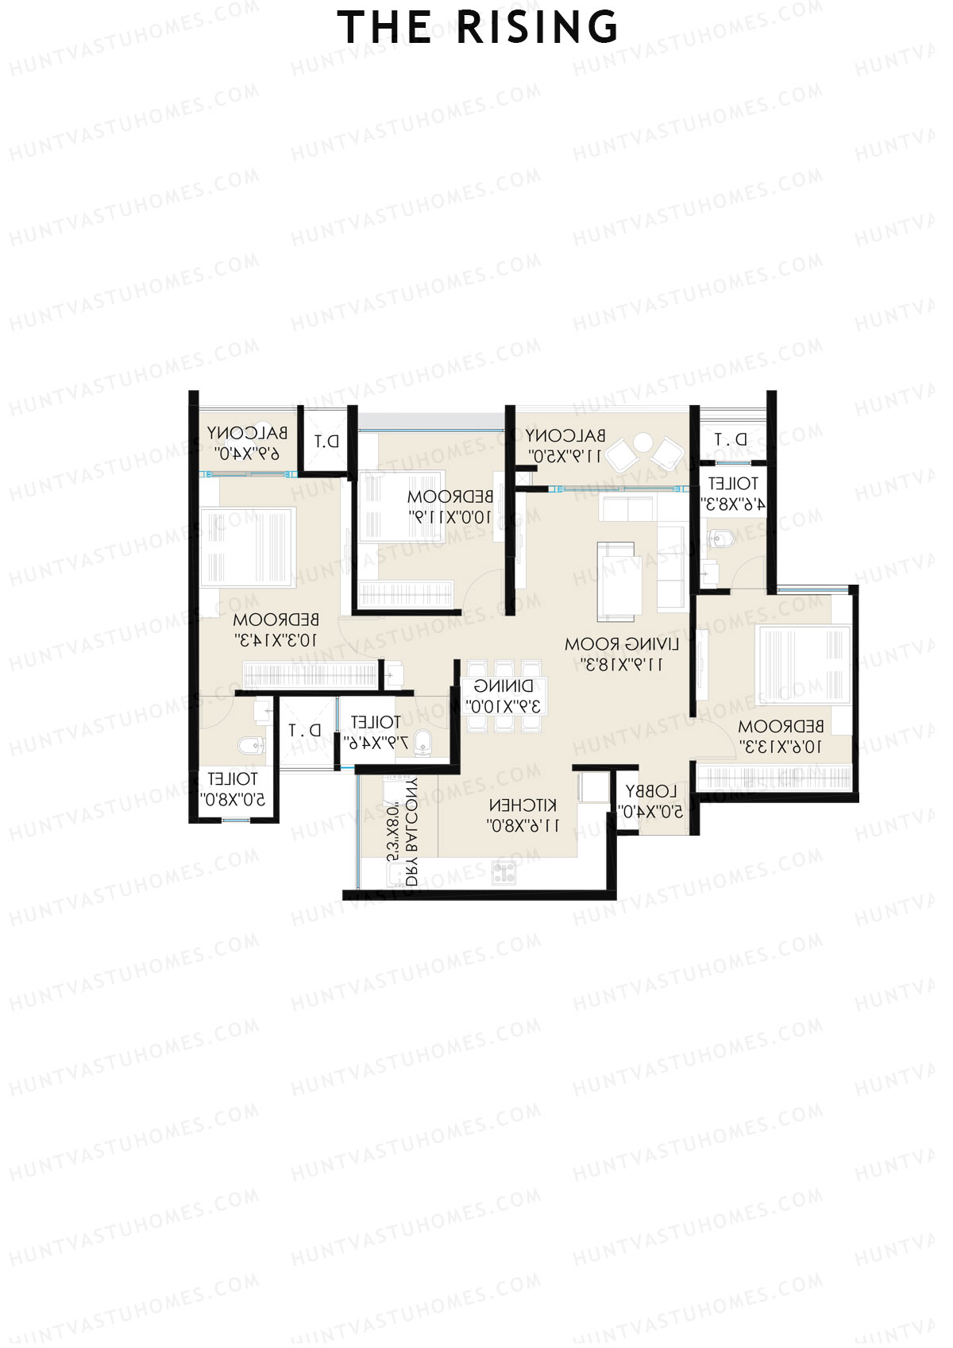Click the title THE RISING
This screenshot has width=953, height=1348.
478,27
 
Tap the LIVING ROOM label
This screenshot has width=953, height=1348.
622,653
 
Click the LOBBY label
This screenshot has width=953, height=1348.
651,801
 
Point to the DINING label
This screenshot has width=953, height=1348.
504,695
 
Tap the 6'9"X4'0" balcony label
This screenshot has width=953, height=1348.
248,442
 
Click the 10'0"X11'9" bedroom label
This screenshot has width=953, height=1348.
450,506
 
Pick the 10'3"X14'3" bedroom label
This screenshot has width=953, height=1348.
276,628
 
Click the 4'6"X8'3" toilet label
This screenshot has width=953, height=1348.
732,493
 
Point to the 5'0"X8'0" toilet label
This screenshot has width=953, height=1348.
232,789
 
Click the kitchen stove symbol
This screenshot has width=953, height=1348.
504,872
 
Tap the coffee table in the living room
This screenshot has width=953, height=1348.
616,580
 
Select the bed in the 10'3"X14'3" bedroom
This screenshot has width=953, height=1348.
248,548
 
